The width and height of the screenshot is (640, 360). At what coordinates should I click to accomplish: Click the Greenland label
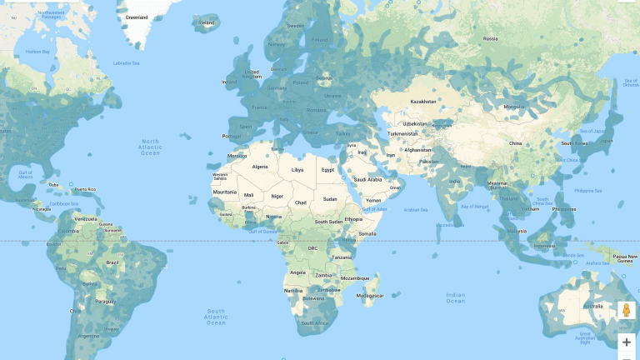136,17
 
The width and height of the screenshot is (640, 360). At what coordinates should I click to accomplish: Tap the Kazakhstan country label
423,101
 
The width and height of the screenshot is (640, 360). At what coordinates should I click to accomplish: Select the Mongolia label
511,107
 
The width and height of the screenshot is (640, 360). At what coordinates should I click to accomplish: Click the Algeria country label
260,167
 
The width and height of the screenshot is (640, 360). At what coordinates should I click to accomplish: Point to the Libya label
297,169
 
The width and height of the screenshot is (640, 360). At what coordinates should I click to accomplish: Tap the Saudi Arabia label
367,179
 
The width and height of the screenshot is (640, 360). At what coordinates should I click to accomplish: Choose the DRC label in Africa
313,248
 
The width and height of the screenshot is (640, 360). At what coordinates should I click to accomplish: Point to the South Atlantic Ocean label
216,317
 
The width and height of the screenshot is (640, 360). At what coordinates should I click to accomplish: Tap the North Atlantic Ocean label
150,147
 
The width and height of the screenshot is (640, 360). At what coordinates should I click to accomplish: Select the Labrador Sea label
127,62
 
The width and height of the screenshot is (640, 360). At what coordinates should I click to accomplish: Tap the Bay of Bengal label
477,206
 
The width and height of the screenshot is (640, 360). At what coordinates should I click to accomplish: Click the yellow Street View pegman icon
627,312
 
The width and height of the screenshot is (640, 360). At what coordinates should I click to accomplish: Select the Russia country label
491,38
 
